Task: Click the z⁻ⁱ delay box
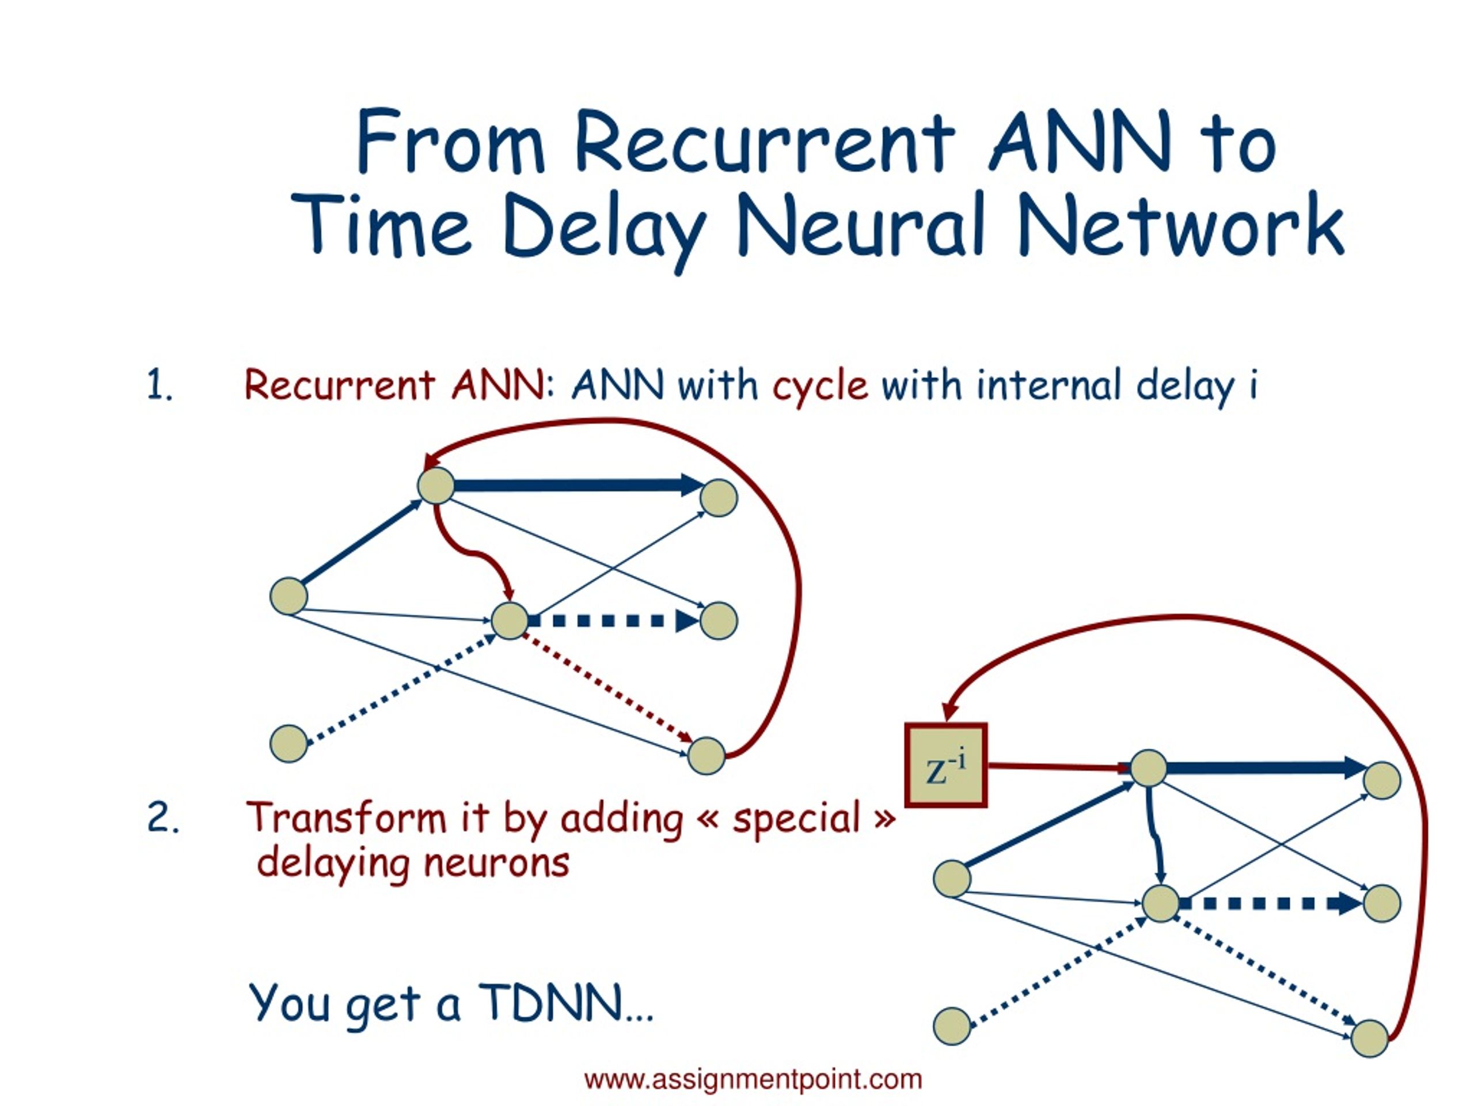pos(945,766)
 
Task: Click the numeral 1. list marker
pos(160,385)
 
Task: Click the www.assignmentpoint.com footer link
pos(753,1080)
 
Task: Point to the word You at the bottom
pos(288,1003)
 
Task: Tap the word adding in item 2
pos(622,819)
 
